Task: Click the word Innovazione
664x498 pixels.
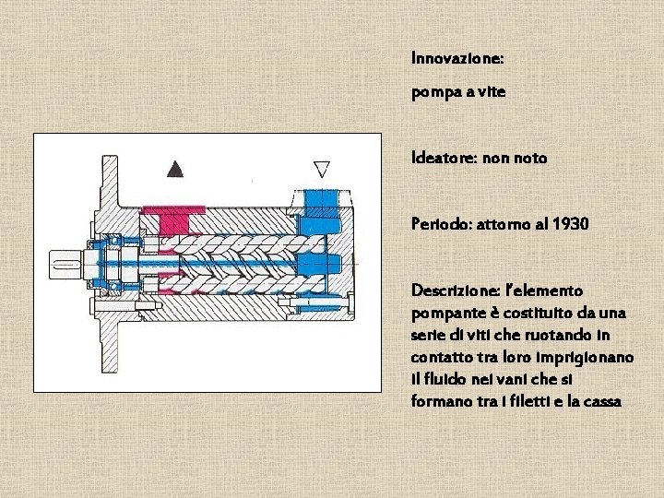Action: tap(457, 58)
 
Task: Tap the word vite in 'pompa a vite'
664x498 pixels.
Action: tap(492, 93)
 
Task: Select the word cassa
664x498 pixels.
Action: tap(601, 401)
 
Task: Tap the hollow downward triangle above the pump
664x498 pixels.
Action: tap(323, 168)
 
